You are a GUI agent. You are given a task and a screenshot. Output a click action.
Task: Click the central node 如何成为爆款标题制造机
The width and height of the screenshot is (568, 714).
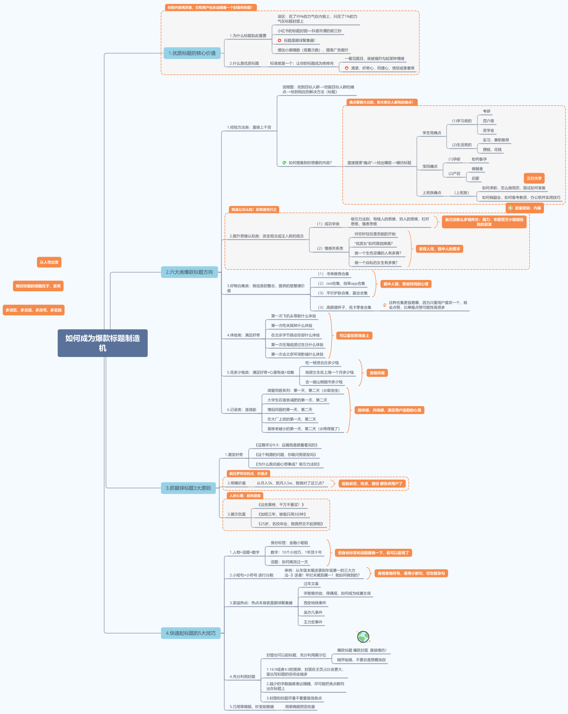pyautogui.click(x=103, y=343)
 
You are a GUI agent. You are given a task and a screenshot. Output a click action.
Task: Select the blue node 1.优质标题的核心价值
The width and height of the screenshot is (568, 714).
pyautogui.click(x=192, y=53)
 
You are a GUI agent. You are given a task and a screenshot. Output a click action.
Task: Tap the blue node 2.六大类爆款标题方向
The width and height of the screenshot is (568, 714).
pyautogui.click(x=189, y=272)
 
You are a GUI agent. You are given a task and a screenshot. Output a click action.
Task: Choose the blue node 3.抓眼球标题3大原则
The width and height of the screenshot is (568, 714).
pyautogui.click(x=188, y=488)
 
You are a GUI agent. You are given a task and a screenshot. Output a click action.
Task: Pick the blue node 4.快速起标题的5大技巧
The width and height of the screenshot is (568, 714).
pyautogui.click(x=191, y=633)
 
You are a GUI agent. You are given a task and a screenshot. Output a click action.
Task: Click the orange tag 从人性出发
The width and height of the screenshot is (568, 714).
pyautogui.click(x=49, y=262)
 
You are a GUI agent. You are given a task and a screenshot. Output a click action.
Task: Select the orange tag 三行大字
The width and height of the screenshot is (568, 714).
pyautogui.click(x=534, y=178)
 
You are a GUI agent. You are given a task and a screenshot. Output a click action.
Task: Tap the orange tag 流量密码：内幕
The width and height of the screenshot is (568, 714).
pyautogui.click(x=525, y=208)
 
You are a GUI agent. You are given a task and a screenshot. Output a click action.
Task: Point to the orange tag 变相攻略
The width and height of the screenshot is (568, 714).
pyautogui.click(x=377, y=373)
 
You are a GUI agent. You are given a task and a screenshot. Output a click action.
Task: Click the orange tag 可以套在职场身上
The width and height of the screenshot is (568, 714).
pyautogui.click(x=354, y=335)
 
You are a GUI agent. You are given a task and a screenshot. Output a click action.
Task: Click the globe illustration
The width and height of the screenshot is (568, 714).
pyautogui.click(x=363, y=637)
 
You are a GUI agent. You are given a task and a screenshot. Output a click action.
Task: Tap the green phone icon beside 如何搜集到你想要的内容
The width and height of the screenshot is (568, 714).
pyautogui.click(x=284, y=163)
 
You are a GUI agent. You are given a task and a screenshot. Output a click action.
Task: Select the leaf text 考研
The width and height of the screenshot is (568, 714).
pyautogui.click(x=487, y=111)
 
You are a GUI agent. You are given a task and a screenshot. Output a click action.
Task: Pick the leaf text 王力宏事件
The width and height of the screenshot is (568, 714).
pyautogui.click(x=313, y=622)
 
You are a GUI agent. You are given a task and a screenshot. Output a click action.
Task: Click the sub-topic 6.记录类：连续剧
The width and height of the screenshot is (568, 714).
pyautogui.click(x=241, y=410)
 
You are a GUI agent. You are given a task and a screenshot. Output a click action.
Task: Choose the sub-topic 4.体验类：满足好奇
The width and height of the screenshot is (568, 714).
pyautogui.click(x=243, y=335)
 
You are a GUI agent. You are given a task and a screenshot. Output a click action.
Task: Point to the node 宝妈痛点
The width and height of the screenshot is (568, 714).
pyautogui.click(x=430, y=166)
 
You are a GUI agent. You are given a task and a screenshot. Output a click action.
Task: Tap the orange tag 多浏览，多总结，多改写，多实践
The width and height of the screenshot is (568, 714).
pyautogui.click(x=34, y=310)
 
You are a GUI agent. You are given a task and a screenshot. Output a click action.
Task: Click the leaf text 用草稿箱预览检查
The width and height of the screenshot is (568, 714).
pyautogui.click(x=300, y=706)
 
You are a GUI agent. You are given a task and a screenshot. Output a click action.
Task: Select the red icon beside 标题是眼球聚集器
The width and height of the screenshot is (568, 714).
pyautogui.click(x=280, y=41)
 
